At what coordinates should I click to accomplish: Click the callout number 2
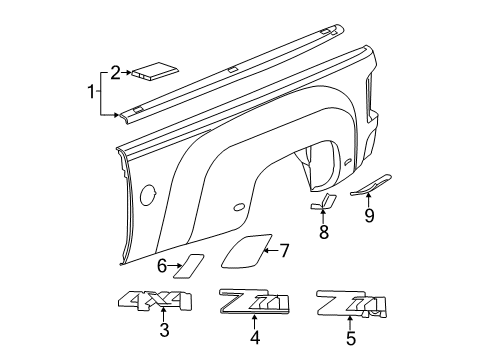[116, 71]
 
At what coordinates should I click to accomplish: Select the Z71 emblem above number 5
[348, 303]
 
